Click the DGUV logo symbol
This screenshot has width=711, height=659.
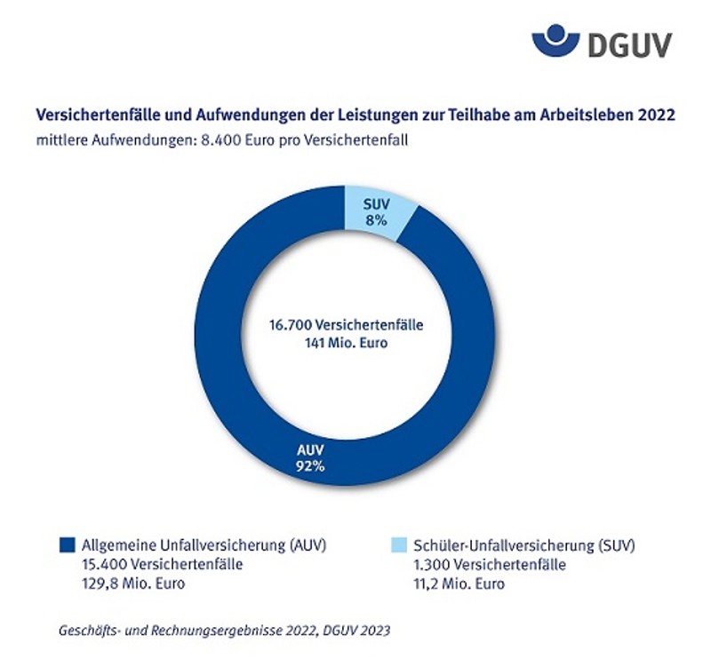pyautogui.click(x=555, y=41)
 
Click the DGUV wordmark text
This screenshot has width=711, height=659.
pyautogui.click(x=629, y=42)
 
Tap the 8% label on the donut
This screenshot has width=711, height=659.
pyautogui.click(x=374, y=220)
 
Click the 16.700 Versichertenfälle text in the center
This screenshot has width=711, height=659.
pyautogui.click(x=347, y=325)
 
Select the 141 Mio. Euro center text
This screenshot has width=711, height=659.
pyautogui.click(x=347, y=342)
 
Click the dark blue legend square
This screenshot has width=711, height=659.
pyautogui.click(x=65, y=544)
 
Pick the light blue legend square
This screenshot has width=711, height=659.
pyautogui.click(x=398, y=544)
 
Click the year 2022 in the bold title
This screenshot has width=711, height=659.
pyautogui.click(x=658, y=115)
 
